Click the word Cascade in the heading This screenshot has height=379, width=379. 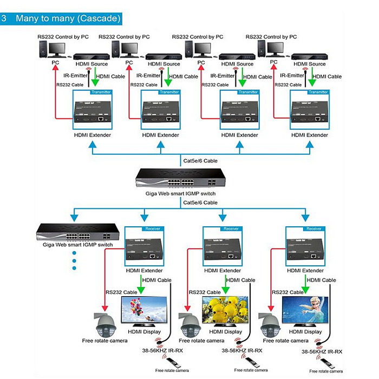(98, 18)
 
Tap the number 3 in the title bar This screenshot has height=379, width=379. (4, 18)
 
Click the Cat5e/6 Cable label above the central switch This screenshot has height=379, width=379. (200, 161)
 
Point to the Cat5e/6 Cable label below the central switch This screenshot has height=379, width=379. (200, 202)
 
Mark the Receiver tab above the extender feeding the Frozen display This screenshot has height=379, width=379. (314, 228)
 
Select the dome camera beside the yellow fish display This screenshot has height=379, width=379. (191, 326)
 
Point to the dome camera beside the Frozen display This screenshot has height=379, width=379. (272, 326)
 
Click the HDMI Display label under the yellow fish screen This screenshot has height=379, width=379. (225, 331)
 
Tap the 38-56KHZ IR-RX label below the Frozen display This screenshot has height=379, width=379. (323, 352)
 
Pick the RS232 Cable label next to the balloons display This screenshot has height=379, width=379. (121, 292)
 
